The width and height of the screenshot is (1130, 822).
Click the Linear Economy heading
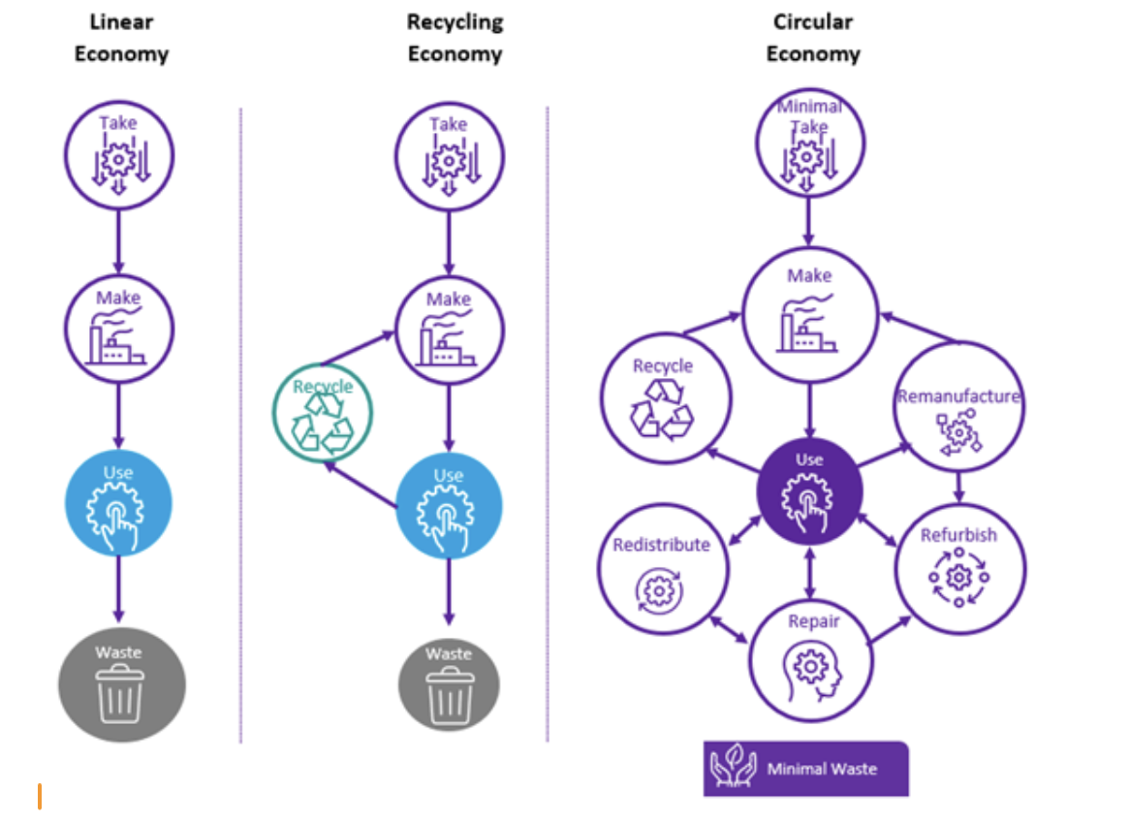[121, 38]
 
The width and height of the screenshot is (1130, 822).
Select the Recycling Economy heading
[455, 38]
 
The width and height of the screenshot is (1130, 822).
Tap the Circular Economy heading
[812, 38]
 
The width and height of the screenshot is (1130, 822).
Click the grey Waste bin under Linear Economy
[120, 685]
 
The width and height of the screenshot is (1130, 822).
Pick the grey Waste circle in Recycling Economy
[449, 685]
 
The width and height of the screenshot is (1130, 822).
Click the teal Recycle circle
[323, 412]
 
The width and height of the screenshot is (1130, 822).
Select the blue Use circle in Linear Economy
[118, 501]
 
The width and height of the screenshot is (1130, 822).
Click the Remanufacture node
[957, 407]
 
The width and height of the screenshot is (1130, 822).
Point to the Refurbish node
[958, 567]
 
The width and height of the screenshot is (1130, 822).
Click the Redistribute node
[662, 567]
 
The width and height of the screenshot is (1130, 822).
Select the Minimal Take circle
[809, 143]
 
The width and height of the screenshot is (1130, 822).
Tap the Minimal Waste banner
[806, 769]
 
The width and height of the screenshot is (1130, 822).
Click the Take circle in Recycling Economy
[448, 155]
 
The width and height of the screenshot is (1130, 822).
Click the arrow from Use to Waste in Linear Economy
[118, 589]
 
